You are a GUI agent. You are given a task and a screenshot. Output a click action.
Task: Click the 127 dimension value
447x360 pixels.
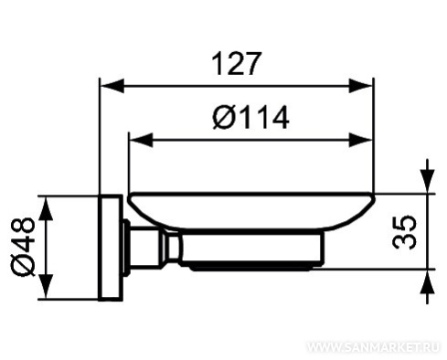coord(236,64)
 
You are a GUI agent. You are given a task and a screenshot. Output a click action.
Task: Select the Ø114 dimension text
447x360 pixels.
coord(250,117)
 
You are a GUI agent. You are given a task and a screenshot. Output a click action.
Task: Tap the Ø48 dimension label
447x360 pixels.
coord(23,247)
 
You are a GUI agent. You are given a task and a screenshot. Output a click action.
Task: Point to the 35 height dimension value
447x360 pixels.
coord(404,232)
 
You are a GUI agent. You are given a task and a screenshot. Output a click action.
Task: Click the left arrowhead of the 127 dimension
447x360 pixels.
coord(112,86)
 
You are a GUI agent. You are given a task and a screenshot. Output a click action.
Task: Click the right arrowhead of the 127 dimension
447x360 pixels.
coord(361,86)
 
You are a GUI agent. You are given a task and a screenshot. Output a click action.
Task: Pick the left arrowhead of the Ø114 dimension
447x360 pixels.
coord(141,140)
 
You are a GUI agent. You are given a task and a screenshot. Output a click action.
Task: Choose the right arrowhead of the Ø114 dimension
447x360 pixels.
coord(361,140)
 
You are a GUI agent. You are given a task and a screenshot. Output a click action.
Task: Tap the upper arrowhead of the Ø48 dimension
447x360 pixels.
coord(46,208)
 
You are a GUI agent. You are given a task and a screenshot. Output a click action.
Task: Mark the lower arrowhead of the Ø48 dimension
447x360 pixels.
coord(46,286)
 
